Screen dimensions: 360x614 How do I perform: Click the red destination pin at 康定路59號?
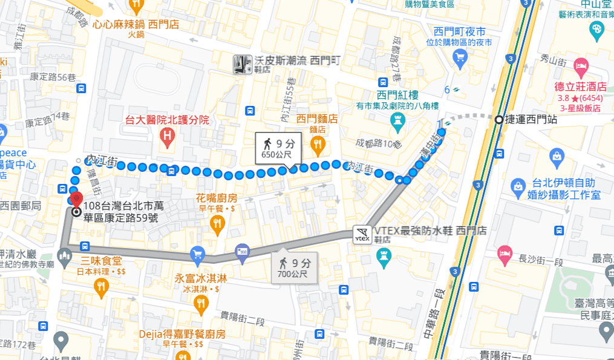coord(76,200)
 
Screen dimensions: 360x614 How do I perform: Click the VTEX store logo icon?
coord(362,235)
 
